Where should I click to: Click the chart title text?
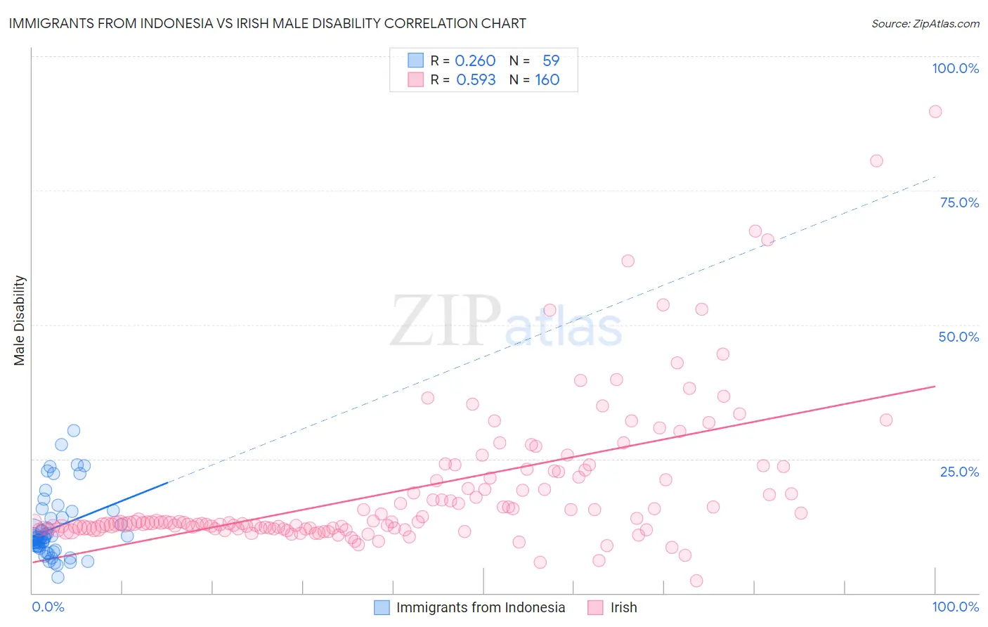pos(267,23)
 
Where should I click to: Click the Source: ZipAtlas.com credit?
pos(925,23)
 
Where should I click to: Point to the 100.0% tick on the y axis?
pos(955,68)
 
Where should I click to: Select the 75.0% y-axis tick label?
pos(958,202)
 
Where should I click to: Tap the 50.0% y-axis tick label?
pos(958,337)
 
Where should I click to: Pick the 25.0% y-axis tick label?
pos(958,472)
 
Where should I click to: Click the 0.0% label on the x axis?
pos(48,607)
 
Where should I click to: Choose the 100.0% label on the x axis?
pos(955,607)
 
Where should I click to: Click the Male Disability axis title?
pos(20,321)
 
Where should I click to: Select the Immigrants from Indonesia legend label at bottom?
pos(480,607)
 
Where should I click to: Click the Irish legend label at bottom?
pos(623,607)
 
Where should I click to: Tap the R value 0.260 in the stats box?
pos(475,60)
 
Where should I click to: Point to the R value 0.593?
pos(476,79)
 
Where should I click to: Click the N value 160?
pos(547,79)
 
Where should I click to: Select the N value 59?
pos(551,60)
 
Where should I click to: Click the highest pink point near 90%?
pos(935,111)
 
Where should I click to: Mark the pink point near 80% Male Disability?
pos(876,160)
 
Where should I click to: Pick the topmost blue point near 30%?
pos(73,430)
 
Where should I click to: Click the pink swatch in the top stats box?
pos(416,79)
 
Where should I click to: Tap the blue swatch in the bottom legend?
pos(382,607)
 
